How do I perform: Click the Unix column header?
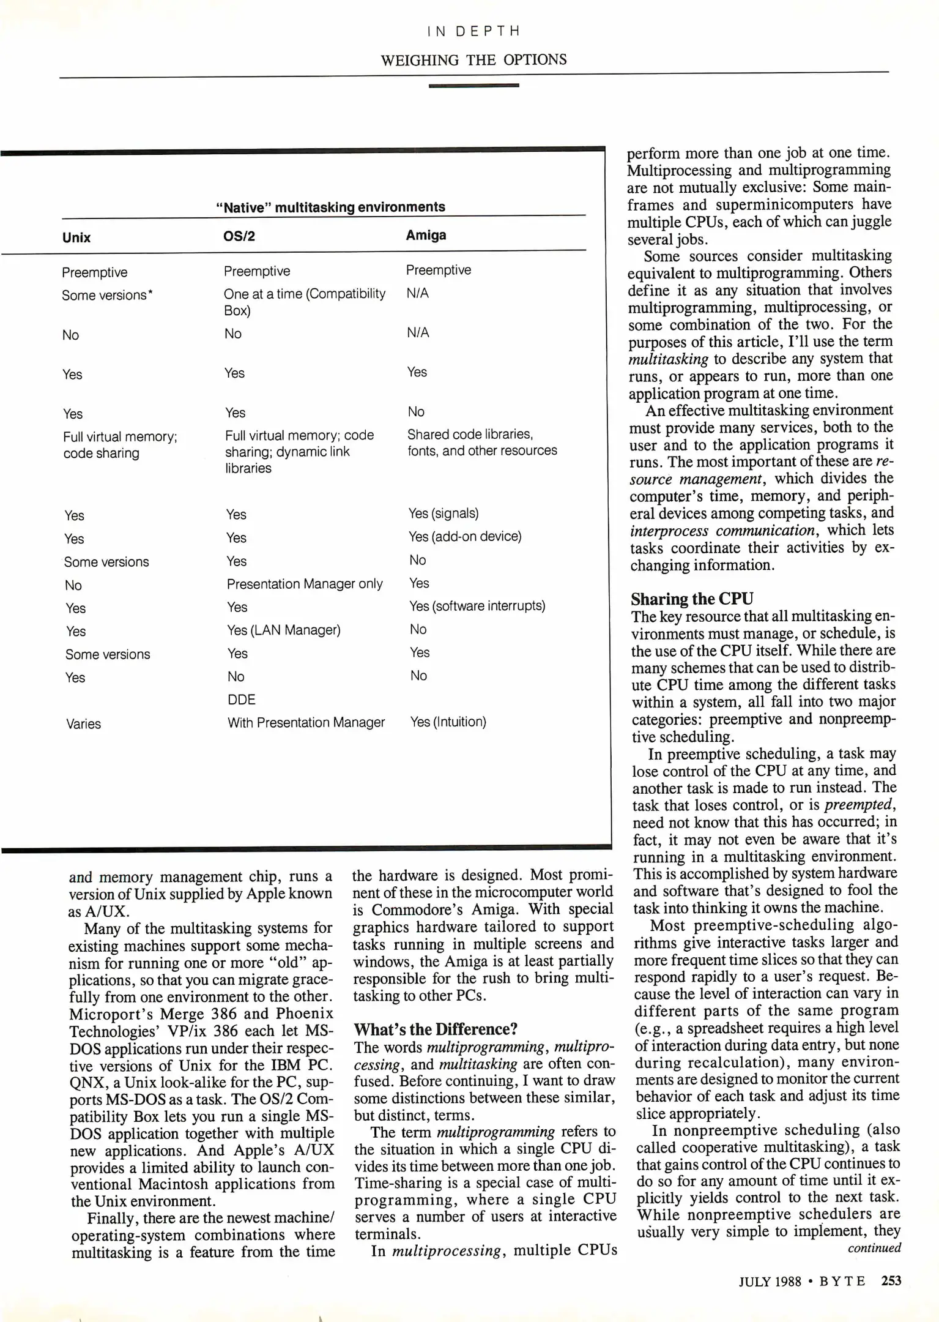(x=76, y=238)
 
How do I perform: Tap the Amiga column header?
(x=426, y=236)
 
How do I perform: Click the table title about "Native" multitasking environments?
(x=330, y=207)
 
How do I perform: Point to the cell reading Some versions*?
(x=107, y=295)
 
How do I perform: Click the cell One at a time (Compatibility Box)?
(x=304, y=302)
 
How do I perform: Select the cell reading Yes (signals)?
(x=444, y=513)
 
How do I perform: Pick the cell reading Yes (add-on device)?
(x=465, y=536)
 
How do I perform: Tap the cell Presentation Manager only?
(x=305, y=584)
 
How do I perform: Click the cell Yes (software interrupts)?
(x=477, y=606)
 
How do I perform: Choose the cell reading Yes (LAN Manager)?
(x=284, y=630)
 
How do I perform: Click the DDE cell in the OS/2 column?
(x=242, y=700)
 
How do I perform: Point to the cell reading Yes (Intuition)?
(x=448, y=722)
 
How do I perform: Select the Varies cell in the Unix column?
(x=83, y=724)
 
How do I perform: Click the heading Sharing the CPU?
(x=692, y=599)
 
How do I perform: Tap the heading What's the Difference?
(x=436, y=1029)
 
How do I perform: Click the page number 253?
(x=891, y=1280)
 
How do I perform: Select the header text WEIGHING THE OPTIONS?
(x=473, y=60)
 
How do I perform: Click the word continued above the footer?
(x=874, y=1248)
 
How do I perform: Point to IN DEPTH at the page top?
(x=473, y=31)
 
